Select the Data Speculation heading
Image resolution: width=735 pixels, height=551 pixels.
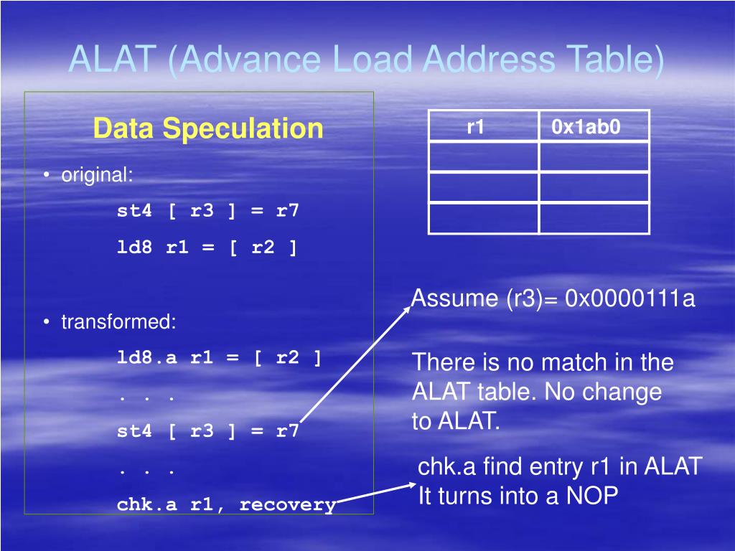(208, 128)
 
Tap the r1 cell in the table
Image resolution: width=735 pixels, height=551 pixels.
(476, 127)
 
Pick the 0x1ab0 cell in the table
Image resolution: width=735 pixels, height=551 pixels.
(586, 127)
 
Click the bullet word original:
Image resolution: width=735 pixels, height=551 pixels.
(97, 174)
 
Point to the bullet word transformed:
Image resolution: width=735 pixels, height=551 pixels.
(118, 321)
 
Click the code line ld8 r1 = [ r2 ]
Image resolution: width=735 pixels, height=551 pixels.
(207, 248)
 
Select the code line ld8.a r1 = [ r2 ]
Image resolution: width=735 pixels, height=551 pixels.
(219, 358)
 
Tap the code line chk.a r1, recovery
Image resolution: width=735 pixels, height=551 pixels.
(226, 504)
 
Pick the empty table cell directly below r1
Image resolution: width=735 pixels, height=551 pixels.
(483, 157)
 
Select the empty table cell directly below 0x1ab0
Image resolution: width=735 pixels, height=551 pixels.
(594, 157)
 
